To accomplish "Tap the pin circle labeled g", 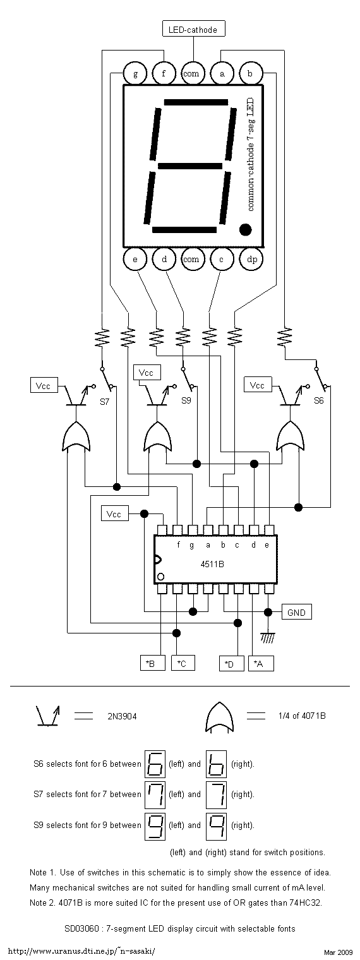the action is (135, 73).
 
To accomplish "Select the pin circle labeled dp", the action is (252, 259).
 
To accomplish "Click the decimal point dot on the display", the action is (245, 229).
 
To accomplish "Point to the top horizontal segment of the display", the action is (196, 102).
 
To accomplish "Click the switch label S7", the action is (105, 402).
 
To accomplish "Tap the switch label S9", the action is (186, 400).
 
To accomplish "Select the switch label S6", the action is (319, 400).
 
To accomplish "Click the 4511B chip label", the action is (212, 564).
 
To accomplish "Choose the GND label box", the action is (297, 612).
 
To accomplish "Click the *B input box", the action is (153, 663).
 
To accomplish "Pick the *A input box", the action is (261, 663).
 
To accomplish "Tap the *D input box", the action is (232, 663).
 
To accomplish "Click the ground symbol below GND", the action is (268, 639).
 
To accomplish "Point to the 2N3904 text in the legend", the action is (122, 716).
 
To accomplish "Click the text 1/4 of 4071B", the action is (302, 716).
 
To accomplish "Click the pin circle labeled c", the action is (222, 259).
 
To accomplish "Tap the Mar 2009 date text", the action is (338, 952).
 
